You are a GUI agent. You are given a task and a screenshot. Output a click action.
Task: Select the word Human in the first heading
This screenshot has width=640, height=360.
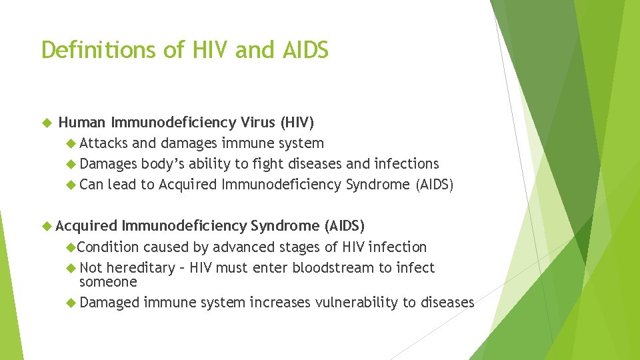pyautogui.click(x=83, y=123)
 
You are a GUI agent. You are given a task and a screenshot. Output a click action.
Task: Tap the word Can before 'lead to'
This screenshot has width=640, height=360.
pyautogui.click(x=91, y=185)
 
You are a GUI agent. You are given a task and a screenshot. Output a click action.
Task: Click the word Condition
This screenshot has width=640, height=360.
pyautogui.click(x=108, y=247)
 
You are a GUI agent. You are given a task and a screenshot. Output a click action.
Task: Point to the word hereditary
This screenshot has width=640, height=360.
pyautogui.click(x=140, y=268)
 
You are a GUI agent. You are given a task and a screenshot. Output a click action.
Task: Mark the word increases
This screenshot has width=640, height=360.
pyautogui.click(x=280, y=303)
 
